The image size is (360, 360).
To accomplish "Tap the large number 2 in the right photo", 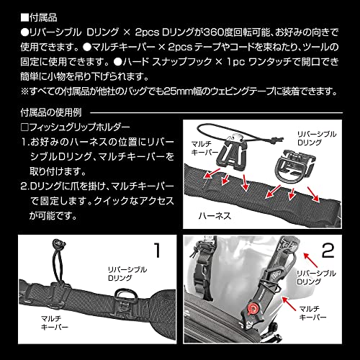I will point(328,252).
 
